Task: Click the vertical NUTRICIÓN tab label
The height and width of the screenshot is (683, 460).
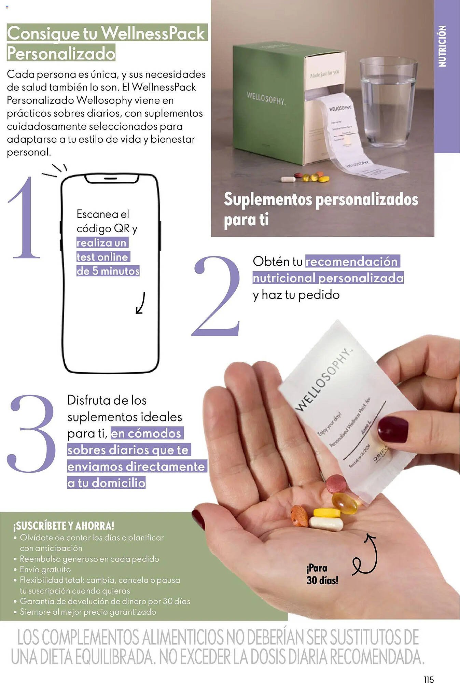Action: (x=442, y=46)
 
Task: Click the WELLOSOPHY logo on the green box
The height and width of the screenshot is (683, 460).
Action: (x=266, y=98)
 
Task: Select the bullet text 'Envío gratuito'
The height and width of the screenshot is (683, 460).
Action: (x=45, y=569)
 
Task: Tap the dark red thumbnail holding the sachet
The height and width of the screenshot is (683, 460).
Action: (x=393, y=429)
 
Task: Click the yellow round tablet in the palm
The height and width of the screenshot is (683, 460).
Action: (x=327, y=513)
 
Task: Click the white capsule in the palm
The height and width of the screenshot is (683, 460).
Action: (x=326, y=524)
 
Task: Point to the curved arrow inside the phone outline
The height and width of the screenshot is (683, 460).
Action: (x=140, y=303)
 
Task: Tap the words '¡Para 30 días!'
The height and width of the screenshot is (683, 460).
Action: (x=322, y=574)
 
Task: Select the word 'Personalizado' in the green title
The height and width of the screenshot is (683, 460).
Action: (x=61, y=53)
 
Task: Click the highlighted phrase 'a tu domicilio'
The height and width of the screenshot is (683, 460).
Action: (x=106, y=483)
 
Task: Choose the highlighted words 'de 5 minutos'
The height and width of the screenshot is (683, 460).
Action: (x=108, y=271)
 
